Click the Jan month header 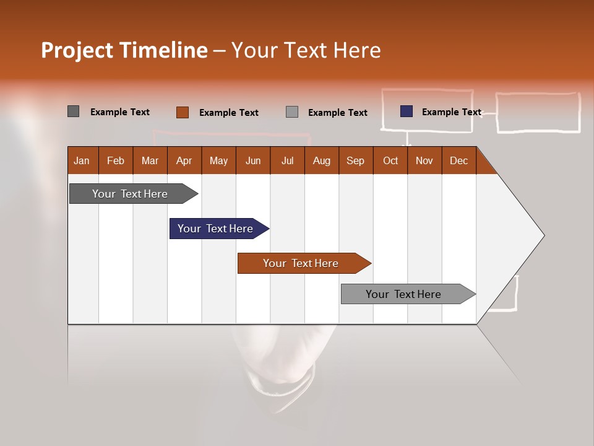pos(82,160)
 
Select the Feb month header pos(116,160)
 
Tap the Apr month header pos(184,160)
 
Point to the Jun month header pos(253,160)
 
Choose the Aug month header pos(321,160)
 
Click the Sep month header pos(355,160)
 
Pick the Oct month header pos(390,160)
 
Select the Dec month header pos(458,160)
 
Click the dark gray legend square pos(73,111)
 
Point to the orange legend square pos(182,112)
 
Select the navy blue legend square pos(406,111)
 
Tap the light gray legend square pos(292,112)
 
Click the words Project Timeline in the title pos(124,50)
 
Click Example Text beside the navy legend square pos(451,112)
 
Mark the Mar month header pos(150,160)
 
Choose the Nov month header pos(424,160)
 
